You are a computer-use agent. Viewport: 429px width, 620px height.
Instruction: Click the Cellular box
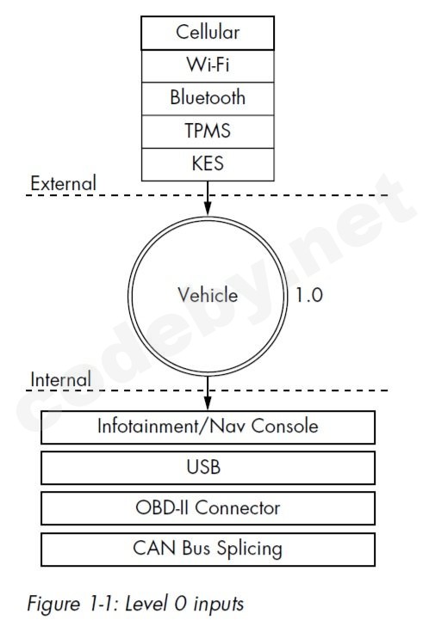208,33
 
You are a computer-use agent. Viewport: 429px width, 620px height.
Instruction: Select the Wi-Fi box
208,66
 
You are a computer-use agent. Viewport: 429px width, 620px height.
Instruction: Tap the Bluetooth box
208,99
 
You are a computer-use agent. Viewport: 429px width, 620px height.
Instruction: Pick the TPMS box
208,132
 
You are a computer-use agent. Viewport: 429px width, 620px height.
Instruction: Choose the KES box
208,164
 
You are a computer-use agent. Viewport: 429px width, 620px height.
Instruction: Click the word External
64,183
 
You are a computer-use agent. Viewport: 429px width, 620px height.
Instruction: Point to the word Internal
60,379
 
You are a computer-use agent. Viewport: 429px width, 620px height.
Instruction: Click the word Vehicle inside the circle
208,295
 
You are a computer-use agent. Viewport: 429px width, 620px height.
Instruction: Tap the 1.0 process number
309,295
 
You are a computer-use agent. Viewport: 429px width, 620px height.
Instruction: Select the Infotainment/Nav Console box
208,427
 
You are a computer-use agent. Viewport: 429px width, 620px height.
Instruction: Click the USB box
208,468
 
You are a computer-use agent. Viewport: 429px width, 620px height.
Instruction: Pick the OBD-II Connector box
208,508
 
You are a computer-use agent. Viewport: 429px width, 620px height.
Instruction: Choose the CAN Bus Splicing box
208,549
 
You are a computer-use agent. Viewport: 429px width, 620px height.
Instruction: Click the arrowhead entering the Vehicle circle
207,208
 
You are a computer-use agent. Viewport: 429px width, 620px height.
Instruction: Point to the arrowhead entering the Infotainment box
207,403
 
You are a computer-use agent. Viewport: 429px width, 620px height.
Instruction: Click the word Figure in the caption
53,605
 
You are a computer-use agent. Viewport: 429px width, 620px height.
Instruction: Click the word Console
284,427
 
